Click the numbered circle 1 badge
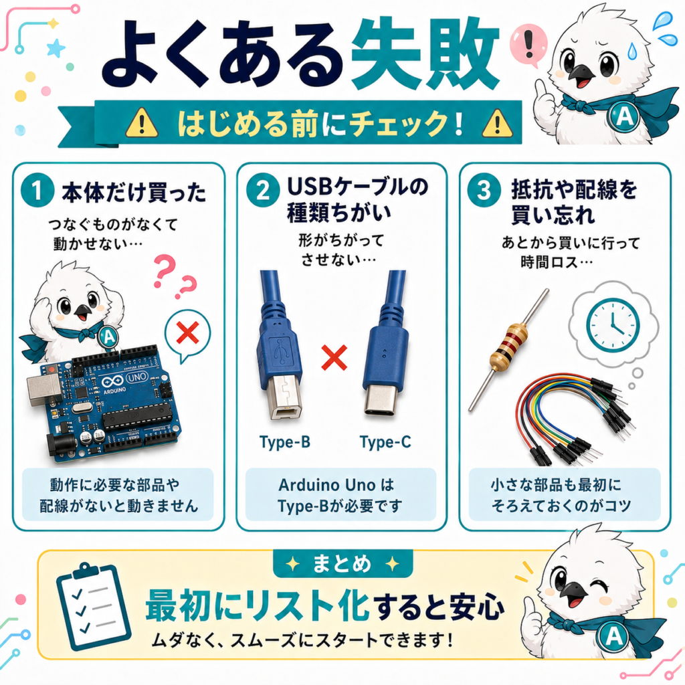[x=37, y=190]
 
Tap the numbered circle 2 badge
[x=262, y=190]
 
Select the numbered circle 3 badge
[x=484, y=190]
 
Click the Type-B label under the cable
[x=285, y=442]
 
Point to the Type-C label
[x=385, y=442]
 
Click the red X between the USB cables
[x=334, y=357]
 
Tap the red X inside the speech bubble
[x=187, y=333]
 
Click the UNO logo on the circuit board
[x=136, y=377]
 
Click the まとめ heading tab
[x=342, y=564]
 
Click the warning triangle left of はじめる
[x=142, y=123]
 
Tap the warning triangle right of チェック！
[x=497, y=123]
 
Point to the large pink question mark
[x=165, y=272]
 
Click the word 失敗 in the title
[x=425, y=55]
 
